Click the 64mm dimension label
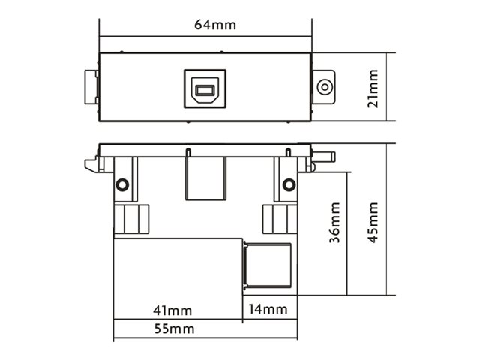215,25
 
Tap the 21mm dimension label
373,88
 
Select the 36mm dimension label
334,223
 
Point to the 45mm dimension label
373,223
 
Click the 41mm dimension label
172,310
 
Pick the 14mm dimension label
268,309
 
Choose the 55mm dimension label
174,328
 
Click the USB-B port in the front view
205,88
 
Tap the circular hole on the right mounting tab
325,87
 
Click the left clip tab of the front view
91,87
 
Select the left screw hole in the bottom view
122,184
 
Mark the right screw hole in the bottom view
289,184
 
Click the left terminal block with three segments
131,219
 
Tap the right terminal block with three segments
280,219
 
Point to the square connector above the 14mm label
267,265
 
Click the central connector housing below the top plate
206,178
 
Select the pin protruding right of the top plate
324,157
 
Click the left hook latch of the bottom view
91,165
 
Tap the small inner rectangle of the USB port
205,90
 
